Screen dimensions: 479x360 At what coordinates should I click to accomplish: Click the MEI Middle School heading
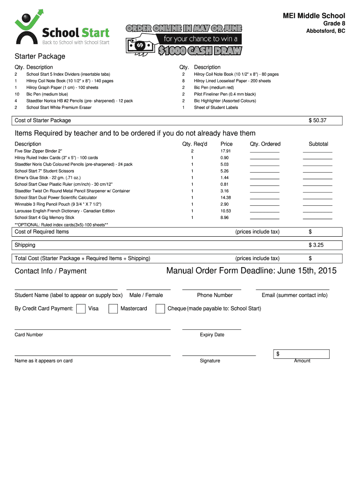pos(314,16)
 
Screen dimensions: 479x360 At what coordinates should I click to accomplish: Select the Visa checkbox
pos(80,309)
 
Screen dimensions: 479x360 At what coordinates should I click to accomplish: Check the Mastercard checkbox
pos(113,309)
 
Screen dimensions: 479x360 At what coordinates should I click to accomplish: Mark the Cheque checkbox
pos(160,309)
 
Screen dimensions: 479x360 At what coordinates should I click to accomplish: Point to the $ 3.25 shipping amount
pos(316,245)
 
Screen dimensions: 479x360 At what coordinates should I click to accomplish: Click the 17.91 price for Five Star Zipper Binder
pos(225,151)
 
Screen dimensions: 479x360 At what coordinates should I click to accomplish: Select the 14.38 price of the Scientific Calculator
pos(225,198)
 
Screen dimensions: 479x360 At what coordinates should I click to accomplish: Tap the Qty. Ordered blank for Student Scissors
pos(265,172)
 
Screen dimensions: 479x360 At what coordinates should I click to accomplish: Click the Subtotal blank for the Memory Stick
pos(317,218)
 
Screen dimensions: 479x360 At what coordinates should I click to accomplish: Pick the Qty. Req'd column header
pos(194,144)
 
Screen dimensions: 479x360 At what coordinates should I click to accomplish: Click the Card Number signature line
pos(93,329)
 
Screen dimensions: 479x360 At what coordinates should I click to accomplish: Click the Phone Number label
pos(215,295)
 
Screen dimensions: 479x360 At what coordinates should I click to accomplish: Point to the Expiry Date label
pos(212,335)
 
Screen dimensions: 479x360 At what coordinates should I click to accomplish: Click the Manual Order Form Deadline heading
pos(251,271)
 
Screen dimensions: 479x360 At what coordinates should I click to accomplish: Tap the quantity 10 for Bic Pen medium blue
pos(17,94)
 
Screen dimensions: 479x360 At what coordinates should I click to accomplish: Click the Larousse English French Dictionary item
pos(65,211)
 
